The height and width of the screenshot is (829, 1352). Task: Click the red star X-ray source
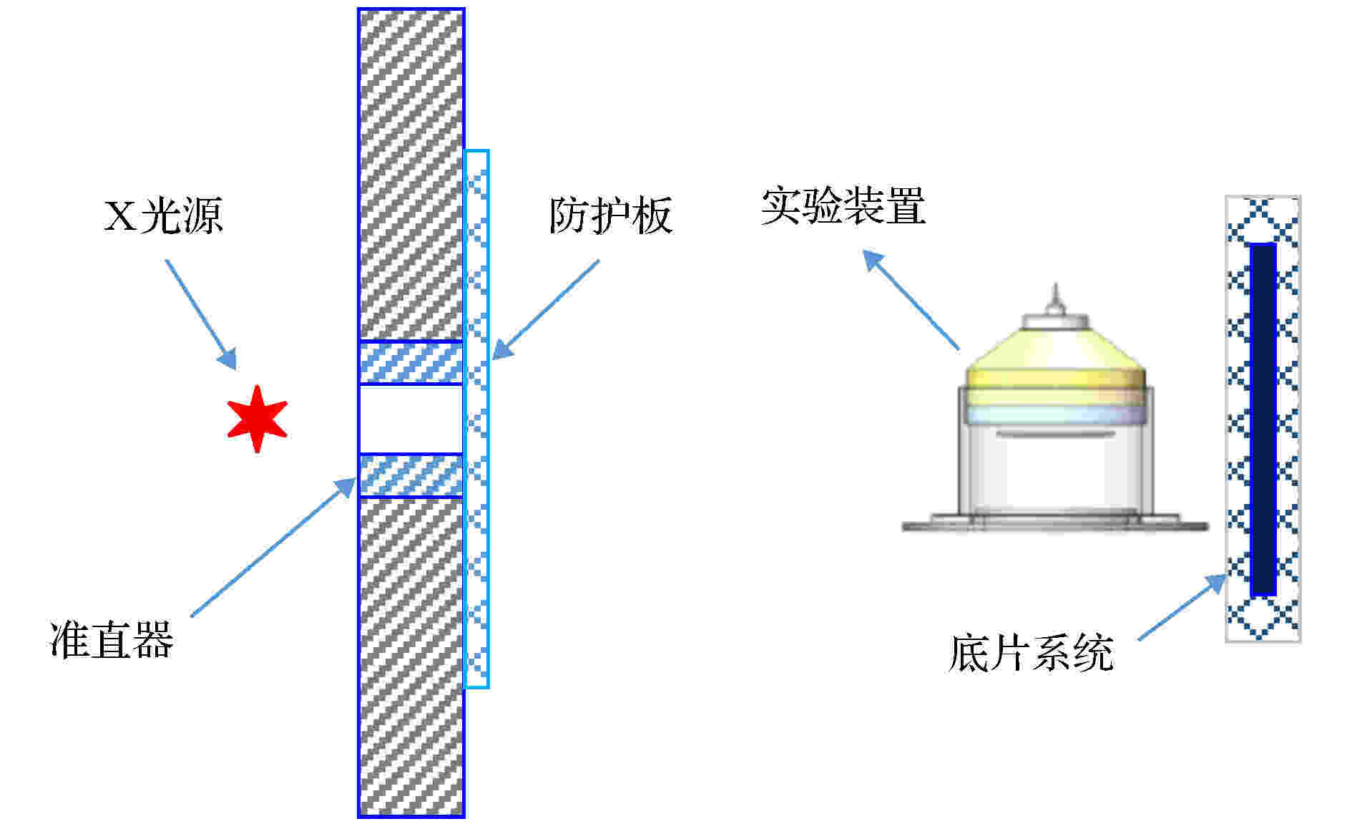coord(257,420)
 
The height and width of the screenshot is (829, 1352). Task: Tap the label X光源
coord(164,215)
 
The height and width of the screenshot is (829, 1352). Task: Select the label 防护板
coord(610,215)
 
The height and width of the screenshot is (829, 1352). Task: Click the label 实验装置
coord(843,206)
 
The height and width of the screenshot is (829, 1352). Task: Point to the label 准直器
coord(112,639)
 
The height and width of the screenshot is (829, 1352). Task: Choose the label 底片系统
coord(1031,653)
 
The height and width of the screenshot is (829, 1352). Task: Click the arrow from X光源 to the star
coord(201,314)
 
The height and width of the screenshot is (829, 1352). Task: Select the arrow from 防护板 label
coord(545,309)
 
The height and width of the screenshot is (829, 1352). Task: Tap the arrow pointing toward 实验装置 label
coord(911,299)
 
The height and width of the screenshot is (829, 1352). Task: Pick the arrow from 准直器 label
coord(273,547)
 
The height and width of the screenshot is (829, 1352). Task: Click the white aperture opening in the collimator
coord(411,420)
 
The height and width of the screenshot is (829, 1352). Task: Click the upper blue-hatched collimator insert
coord(411,363)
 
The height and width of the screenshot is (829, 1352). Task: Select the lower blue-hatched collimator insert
coord(411,475)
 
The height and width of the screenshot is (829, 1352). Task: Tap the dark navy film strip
coord(1263,420)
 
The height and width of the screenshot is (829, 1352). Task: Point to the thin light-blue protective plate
coord(476,419)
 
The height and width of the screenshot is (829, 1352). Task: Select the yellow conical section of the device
coord(1056,351)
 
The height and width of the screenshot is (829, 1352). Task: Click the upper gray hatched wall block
coord(411,175)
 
